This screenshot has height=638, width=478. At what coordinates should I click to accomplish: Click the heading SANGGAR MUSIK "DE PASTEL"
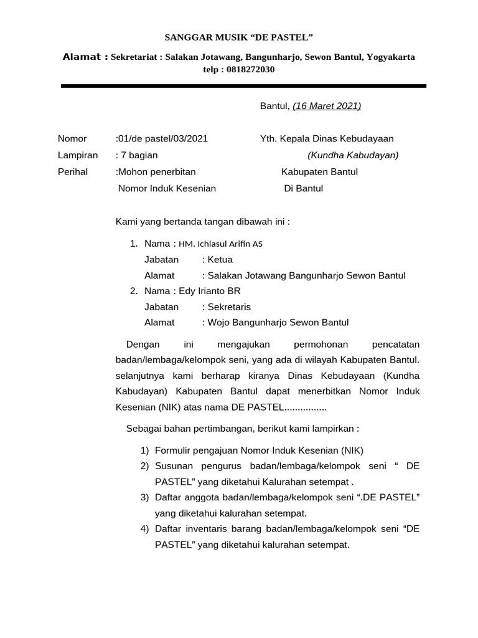click(x=238, y=38)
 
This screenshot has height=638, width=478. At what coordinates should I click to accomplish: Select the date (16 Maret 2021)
click(x=327, y=106)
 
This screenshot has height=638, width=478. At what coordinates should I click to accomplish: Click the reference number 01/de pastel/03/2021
click(x=163, y=139)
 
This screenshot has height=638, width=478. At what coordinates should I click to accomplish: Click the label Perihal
click(x=73, y=171)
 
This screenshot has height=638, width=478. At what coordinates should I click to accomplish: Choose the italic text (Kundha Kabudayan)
click(x=353, y=155)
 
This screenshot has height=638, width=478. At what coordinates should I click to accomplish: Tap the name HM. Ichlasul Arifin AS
click(x=220, y=244)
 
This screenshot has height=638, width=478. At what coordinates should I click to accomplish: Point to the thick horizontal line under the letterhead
click(x=243, y=86)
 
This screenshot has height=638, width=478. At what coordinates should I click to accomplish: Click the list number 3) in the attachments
click(x=144, y=497)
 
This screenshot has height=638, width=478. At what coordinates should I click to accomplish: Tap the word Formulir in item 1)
click(x=173, y=450)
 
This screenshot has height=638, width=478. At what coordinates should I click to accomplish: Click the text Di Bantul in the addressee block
click(x=303, y=188)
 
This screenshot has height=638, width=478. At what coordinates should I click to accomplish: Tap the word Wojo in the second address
click(x=218, y=323)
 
